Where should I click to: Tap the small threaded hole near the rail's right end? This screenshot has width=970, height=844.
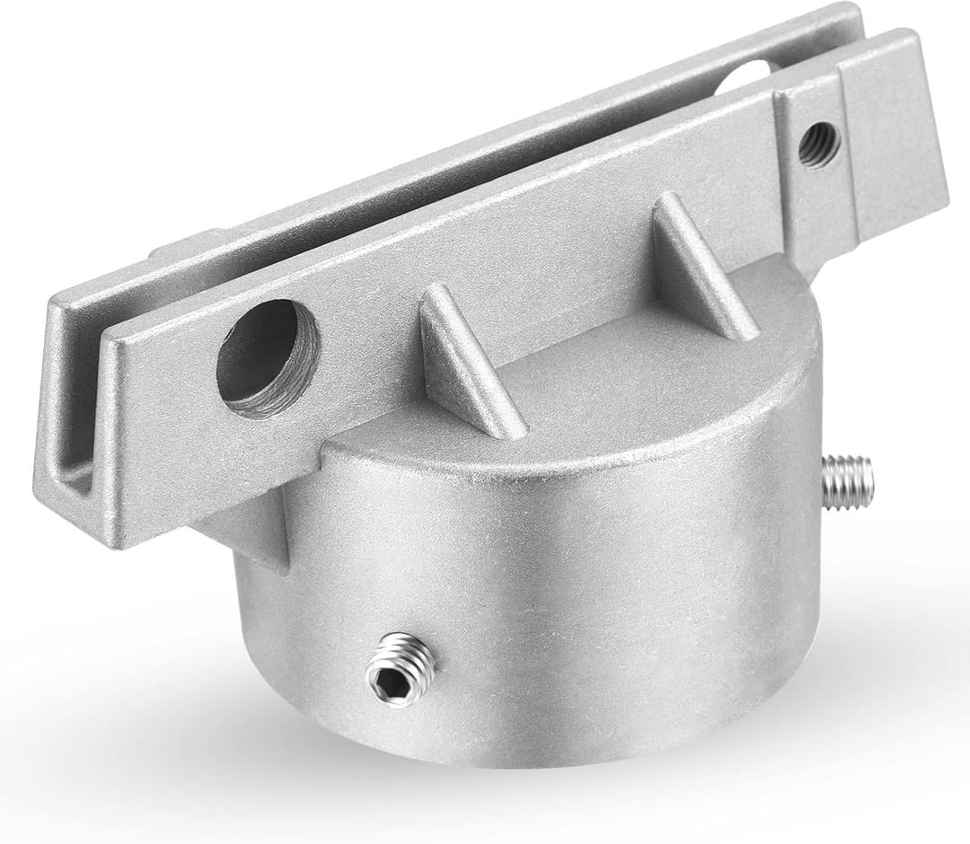click(818, 144)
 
